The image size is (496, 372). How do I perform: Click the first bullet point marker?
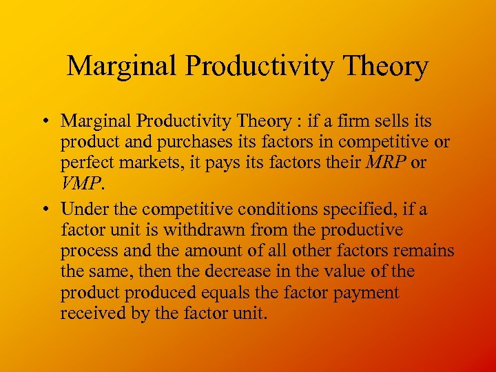[43, 122]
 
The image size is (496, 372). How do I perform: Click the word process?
[87, 251]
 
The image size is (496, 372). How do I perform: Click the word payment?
[366, 293]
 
